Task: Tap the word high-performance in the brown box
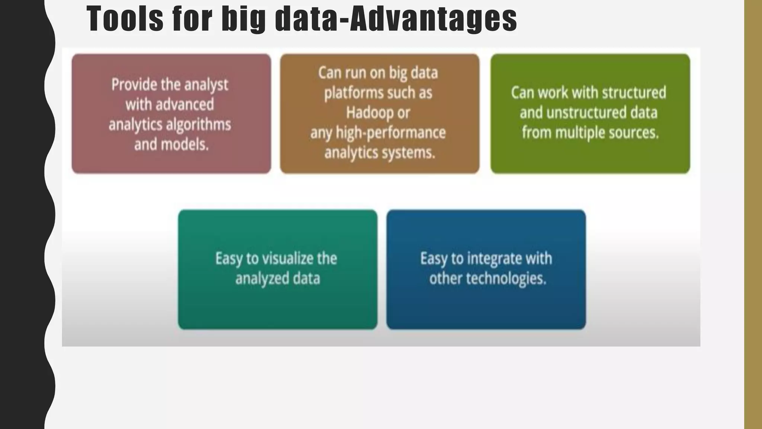pyautogui.click(x=391, y=133)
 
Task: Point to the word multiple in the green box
pyautogui.click(x=580, y=133)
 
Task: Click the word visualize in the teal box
pyautogui.click(x=285, y=258)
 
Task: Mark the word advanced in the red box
pyautogui.click(x=185, y=105)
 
